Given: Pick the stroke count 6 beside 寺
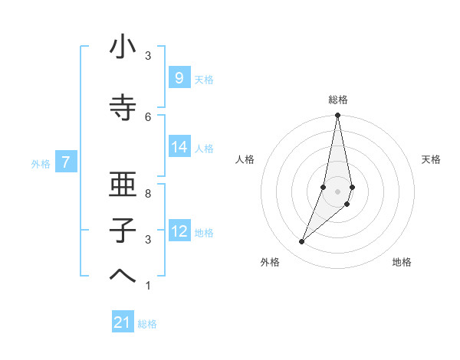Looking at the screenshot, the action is click(148, 116).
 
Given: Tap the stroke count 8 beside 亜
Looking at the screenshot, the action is click(148, 194).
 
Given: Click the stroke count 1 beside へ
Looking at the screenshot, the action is click(148, 286).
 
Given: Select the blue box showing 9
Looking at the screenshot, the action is click(179, 77).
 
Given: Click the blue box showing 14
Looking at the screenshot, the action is click(179, 147).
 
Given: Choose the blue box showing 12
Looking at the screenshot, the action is click(179, 231).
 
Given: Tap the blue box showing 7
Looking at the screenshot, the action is click(66, 162).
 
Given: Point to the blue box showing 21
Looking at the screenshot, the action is click(123, 322).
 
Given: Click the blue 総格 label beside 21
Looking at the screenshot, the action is click(147, 324).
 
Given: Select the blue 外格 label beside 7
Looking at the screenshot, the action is click(41, 163).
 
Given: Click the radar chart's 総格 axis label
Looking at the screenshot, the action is click(337, 100).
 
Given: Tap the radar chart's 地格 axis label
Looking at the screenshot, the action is click(402, 262).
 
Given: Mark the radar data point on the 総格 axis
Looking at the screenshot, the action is click(337, 116).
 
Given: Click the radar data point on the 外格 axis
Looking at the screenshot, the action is click(301, 242).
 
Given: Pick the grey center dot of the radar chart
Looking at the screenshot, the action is click(337, 191).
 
